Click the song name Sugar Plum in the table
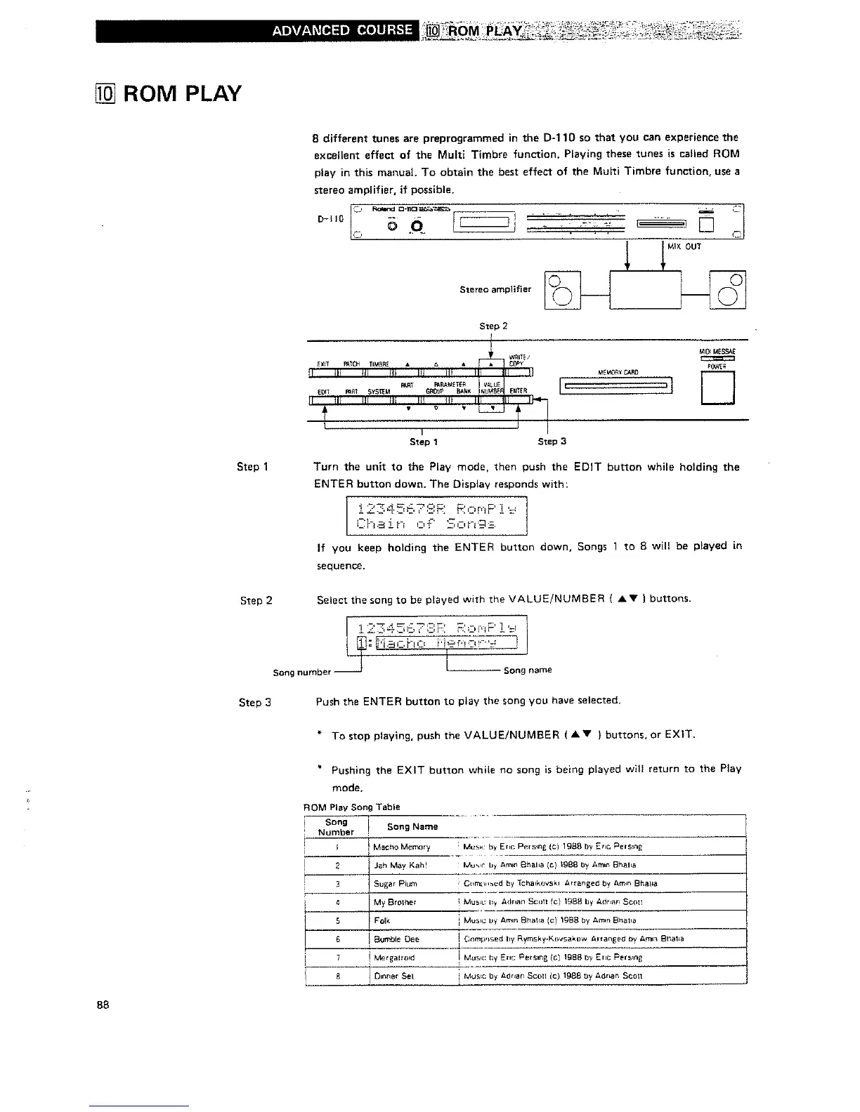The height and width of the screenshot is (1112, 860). tap(395, 883)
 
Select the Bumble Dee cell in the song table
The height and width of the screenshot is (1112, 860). tap(396, 939)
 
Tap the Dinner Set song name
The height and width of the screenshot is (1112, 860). tap(393, 976)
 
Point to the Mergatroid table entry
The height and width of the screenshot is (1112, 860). tap(394, 957)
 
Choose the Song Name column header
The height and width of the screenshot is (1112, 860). tap(412, 826)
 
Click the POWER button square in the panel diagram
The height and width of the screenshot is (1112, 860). tap(717, 388)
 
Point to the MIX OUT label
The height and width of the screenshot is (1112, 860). tap(684, 246)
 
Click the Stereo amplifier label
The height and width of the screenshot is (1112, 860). tap(495, 289)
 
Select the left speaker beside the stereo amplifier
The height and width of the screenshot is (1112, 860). tap(563, 290)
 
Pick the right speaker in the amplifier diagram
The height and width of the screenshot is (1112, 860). tap(728, 290)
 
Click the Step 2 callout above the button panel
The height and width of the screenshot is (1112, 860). tap(493, 326)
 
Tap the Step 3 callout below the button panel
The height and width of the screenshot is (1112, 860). tap(552, 442)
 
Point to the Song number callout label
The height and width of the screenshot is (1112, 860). tap(301, 672)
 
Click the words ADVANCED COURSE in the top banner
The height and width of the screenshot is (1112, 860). tap(342, 29)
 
